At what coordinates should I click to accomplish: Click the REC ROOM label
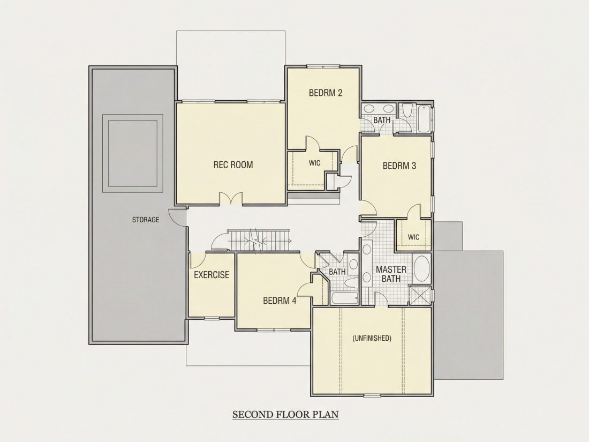tap(233, 164)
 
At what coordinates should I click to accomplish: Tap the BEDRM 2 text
tap(326, 93)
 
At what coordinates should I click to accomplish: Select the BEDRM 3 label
tap(399, 166)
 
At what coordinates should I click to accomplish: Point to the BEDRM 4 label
tap(280, 301)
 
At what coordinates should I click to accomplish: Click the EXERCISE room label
tap(212, 275)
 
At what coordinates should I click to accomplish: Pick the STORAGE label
tap(145, 220)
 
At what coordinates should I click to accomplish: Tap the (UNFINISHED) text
tap(372, 338)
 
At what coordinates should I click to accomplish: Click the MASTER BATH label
tap(391, 274)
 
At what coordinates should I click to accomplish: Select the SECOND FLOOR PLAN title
tap(285, 415)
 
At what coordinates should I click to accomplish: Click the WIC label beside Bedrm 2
tap(314, 163)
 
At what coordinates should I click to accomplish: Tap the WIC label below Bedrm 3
tap(413, 237)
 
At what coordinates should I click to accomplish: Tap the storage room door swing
tap(177, 217)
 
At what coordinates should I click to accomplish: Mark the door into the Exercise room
tap(197, 260)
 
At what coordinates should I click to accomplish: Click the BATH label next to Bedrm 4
tap(337, 272)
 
